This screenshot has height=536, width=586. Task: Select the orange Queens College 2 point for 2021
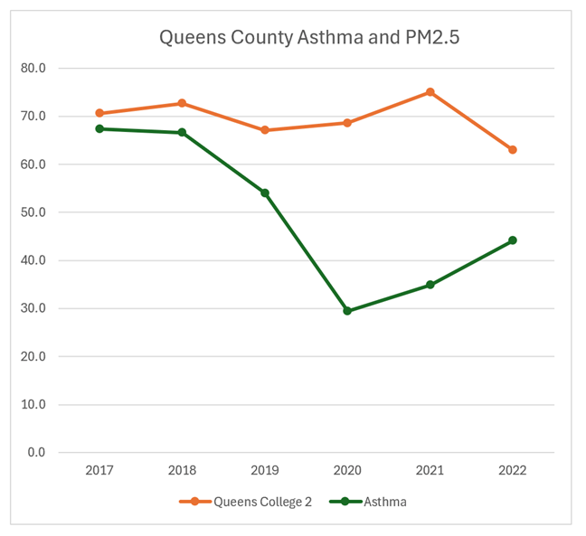pos(430,92)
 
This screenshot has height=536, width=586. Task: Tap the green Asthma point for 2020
pos(347,311)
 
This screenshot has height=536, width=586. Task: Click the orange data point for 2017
pos(99,113)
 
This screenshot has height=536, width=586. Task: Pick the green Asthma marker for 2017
pos(99,129)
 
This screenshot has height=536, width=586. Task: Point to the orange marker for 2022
pos(513,150)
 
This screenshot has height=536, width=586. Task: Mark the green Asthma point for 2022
pos(513,240)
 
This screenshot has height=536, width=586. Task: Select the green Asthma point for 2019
pos(265,193)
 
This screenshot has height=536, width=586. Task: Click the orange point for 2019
pos(265,130)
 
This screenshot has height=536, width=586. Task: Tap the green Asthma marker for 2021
pos(430,285)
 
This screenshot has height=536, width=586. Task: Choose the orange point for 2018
pos(182,103)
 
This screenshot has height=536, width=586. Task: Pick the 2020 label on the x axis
pos(347,470)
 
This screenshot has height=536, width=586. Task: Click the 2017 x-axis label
pos(99,470)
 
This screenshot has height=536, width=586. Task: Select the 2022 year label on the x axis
pos(513,470)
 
